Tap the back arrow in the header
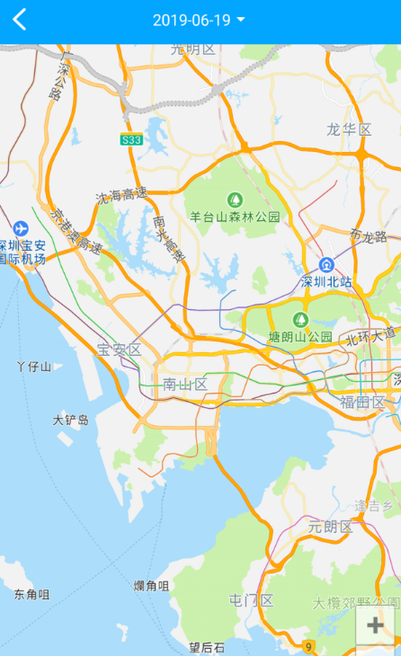coord(20,20)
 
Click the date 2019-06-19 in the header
coord(191,21)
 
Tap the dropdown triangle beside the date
coord(241,20)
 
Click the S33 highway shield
coord(131,139)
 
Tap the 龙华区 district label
coord(349,130)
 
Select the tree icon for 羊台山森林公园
coord(235,199)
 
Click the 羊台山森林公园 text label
coord(235,217)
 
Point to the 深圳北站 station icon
coord(325,265)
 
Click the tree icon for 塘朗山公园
coord(300,319)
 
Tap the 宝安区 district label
coord(119,350)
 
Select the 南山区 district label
coord(185,385)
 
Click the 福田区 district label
coord(362,402)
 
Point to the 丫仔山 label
coord(34,366)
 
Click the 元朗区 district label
coord(330,527)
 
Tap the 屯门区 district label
coord(251,600)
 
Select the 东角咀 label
coord(31,594)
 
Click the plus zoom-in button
coord(376,625)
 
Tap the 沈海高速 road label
coord(121,195)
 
